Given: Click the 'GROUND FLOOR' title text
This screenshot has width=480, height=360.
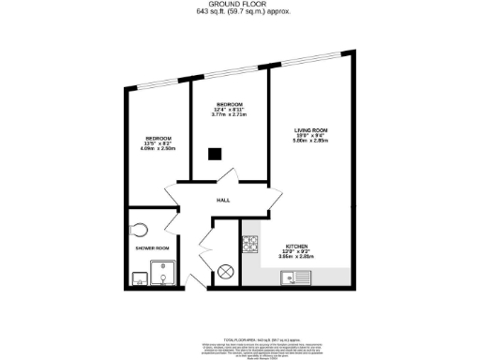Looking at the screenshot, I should pos(239,5).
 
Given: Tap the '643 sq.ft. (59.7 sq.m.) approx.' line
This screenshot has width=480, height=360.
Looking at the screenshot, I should pos(239,12).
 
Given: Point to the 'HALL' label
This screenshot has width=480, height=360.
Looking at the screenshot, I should pos(223,200).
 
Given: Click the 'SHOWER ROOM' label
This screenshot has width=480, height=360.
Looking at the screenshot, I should pos(152,248).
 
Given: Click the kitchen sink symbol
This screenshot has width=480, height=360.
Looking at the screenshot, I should pos(297,277).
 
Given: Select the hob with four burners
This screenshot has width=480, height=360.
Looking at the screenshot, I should pos(250,245).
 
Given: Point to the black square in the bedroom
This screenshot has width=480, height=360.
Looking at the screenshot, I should pos(215,155).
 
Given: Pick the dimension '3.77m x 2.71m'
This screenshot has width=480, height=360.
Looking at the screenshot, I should pos(230,114).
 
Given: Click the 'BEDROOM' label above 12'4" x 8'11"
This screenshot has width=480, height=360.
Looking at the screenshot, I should pos(230,103).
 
